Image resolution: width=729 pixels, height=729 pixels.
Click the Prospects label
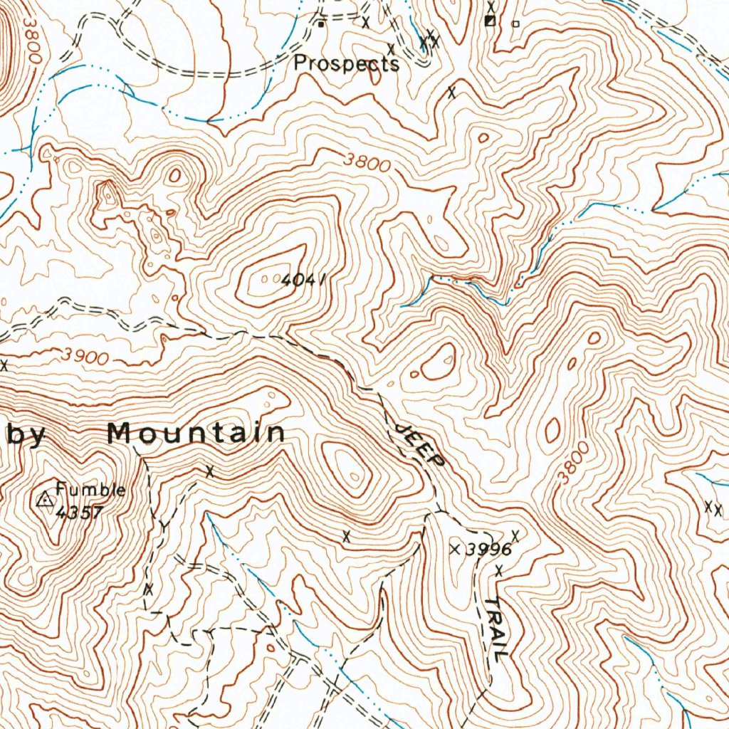pyautogui.click(x=347, y=63)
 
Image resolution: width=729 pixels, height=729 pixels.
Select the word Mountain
pyautogui.click(x=196, y=432)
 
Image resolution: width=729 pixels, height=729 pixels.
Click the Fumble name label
pyautogui.click(x=91, y=490)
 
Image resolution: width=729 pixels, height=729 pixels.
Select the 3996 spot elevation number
pyautogui.click(x=489, y=550)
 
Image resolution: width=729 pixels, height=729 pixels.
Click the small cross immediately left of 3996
pyautogui.click(x=456, y=549)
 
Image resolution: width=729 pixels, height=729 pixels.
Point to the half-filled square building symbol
pyautogui.click(x=490, y=21)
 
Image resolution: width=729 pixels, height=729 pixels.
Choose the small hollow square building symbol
pyautogui.click(x=516, y=23)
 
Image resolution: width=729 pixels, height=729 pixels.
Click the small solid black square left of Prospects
pyautogui.click(x=321, y=24)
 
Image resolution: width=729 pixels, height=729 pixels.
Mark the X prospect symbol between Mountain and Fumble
pyautogui.click(x=209, y=471)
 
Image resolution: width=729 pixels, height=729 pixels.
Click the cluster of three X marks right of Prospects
pyautogui.click(x=429, y=42)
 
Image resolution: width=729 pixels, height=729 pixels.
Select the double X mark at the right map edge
pyautogui.click(x=713, y=508)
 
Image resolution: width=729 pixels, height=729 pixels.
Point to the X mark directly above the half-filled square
pyautogui.click(x=491, y=6)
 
